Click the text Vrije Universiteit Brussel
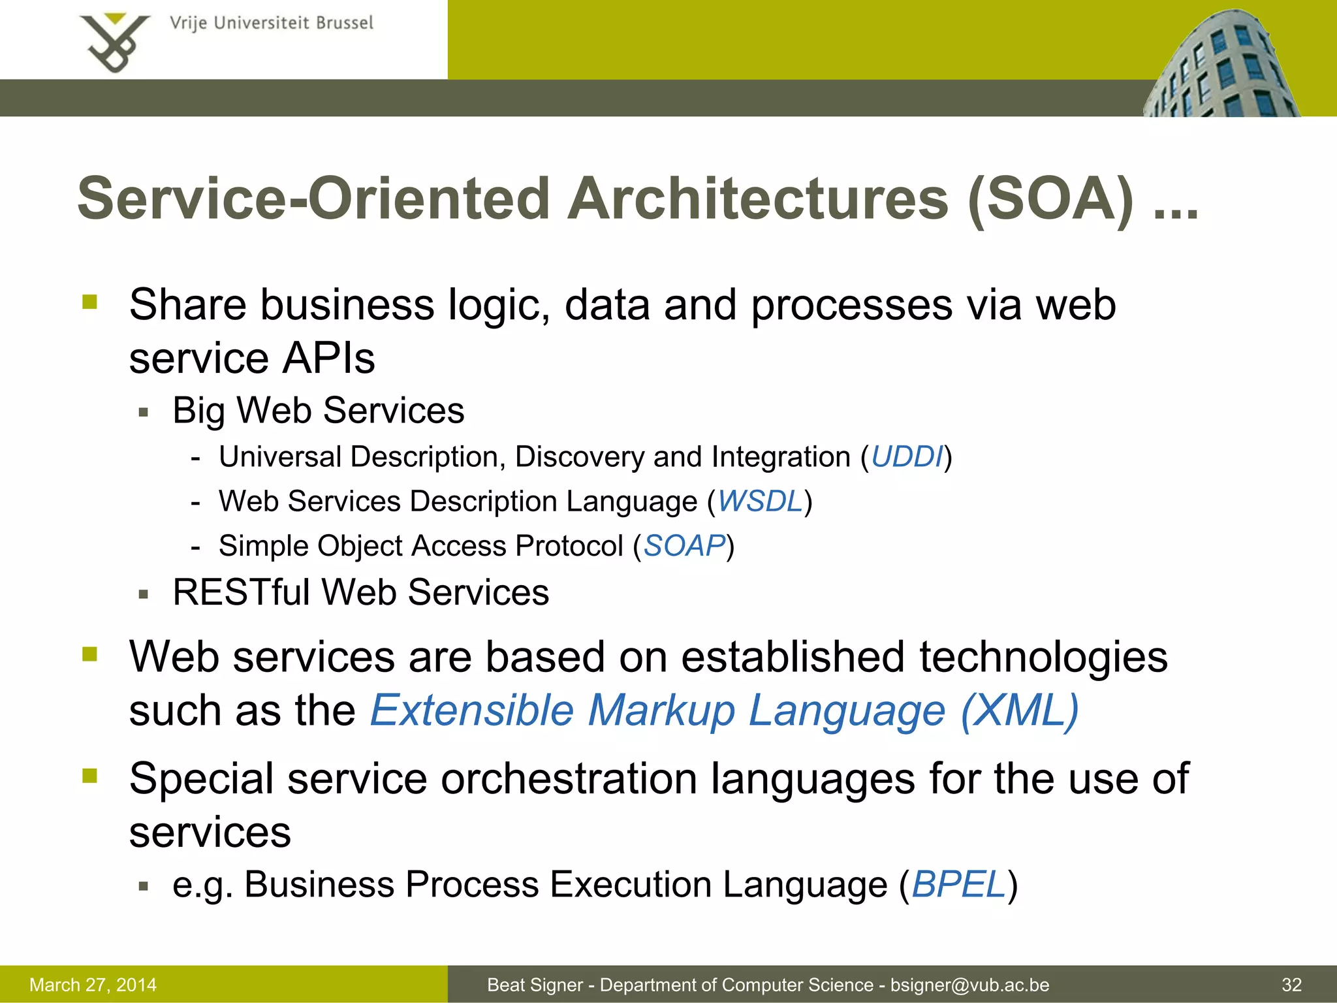[x=271, y=24]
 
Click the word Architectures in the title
[x=757, y=199]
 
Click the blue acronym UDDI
[x=907, y=456]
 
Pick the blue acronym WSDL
[x=760, y=501]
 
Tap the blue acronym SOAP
[x=684, y=546]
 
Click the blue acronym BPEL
[x=958, y=884]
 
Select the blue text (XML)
[x=1020, y=710]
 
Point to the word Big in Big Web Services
[x=198, y=411]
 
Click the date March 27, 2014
[x=93, y=985]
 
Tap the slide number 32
[x=1291, y=985]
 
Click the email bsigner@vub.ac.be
[x=969, y=985]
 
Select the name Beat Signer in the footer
[x=534, y=985]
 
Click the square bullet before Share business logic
[x=89, y=302]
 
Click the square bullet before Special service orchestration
[x=89, y=776]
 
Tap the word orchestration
[x=569, y=778]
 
